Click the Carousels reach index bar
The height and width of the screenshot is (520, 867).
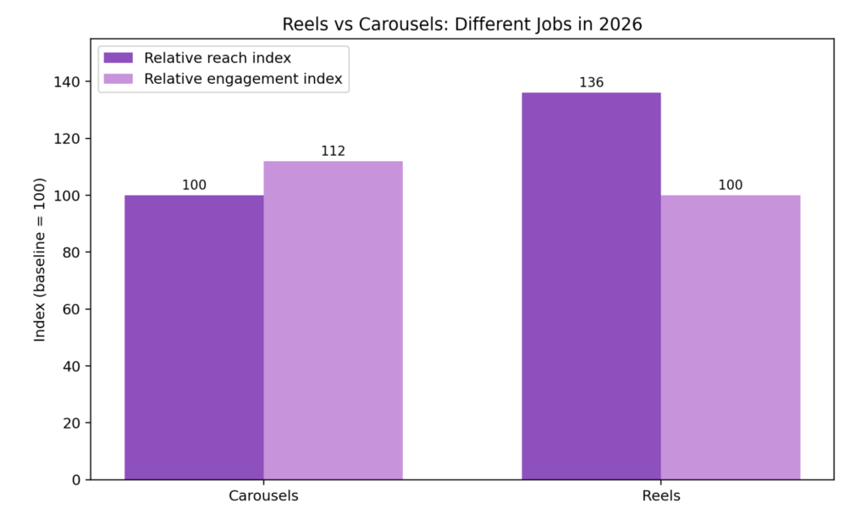(194, 337)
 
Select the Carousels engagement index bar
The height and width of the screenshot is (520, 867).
(334, 320)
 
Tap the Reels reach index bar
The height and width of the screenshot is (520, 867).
(591, 286)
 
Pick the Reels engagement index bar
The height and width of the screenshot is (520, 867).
(731, 337)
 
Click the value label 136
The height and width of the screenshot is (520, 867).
(591, 82)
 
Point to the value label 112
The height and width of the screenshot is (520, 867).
(334, 151)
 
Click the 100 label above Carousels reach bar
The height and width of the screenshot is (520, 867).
(194, 185)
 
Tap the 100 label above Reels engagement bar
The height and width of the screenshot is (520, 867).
(731, 185)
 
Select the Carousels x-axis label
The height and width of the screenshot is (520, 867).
(264, 495)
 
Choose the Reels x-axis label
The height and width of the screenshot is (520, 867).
(661, 495)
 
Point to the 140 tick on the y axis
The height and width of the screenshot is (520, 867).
(66, 82)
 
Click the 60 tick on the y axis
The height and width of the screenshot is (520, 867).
(71, 309)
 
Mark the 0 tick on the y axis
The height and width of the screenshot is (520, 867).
(76, 480)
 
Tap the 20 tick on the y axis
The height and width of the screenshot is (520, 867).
(71, 423)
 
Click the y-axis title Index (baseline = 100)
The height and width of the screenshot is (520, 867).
(39, 259)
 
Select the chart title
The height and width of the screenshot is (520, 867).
(462, 25)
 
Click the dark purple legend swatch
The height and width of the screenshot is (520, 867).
(119, 58)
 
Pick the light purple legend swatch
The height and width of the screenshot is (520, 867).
(119, 79)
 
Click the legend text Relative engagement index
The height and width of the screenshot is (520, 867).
(243, 79)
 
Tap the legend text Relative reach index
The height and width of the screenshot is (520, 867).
(218, 58)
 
